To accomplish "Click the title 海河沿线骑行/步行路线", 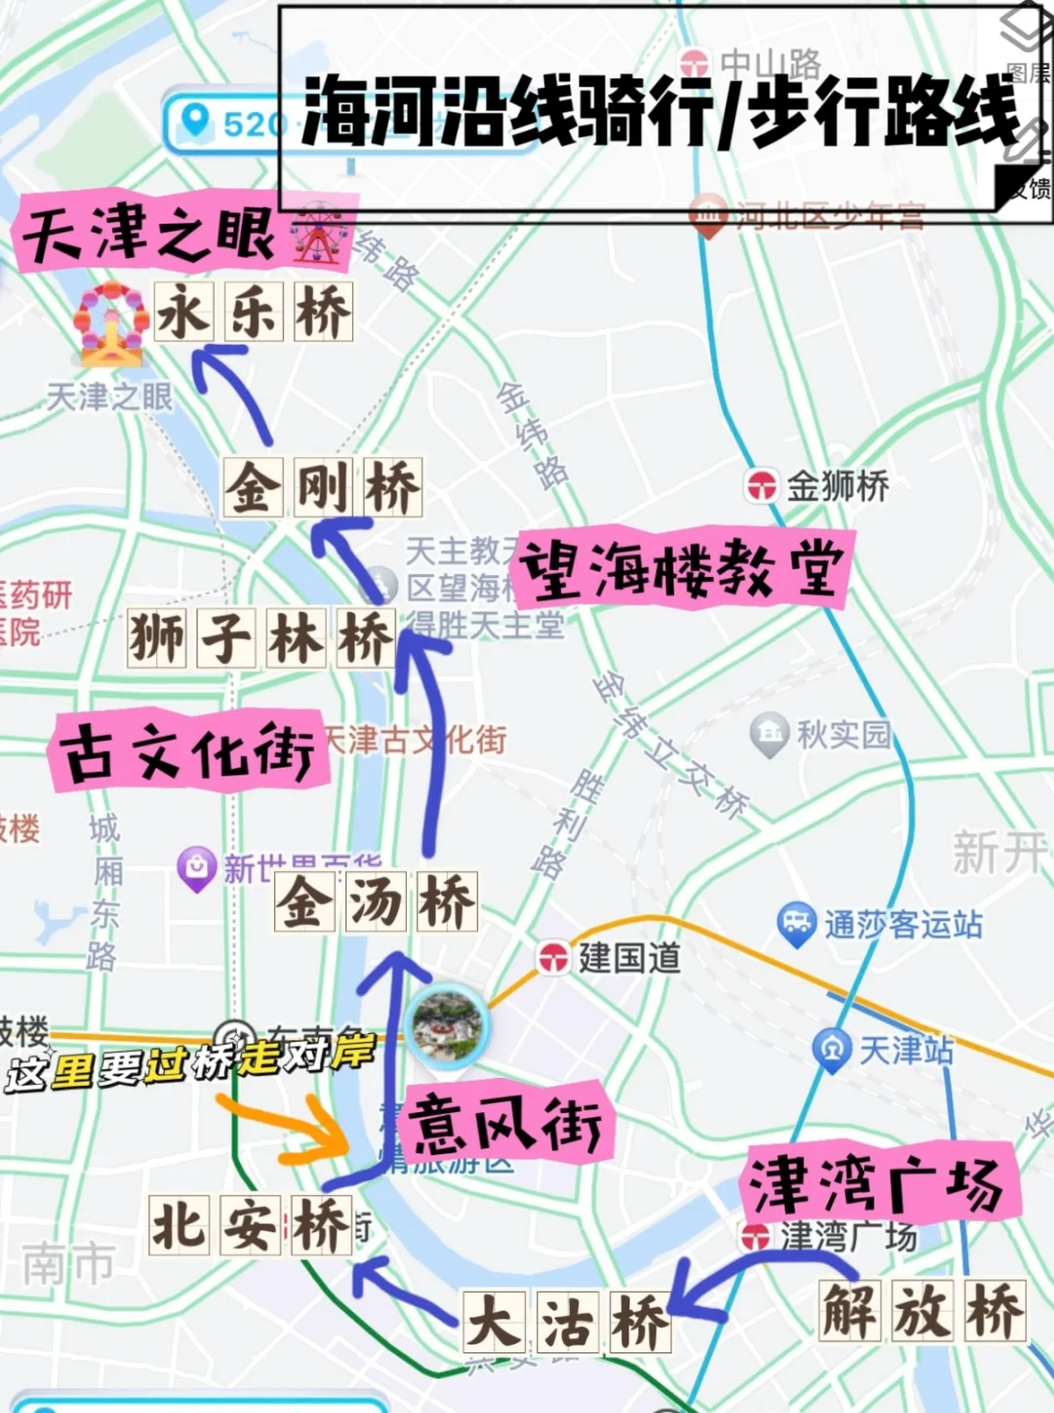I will click(x=660, y=109).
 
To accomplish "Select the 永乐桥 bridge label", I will click(x=254, y=312).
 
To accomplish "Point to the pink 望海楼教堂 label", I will click(x=681, y=569).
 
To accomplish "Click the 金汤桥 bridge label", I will click(x=376, y=900).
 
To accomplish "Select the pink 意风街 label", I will click(x=506, y=1122).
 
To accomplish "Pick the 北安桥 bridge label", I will click(x=250, y=1225).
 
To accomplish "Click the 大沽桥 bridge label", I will click(x=567, y=1322).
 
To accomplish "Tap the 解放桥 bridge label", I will click(x=922, y=1310).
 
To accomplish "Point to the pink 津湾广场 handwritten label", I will click(x=876, y=1184).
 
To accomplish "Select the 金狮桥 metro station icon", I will click(x=762, y=485).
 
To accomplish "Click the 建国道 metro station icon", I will click(x=553, y=958).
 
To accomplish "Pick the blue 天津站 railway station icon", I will click(x=831, y=1050).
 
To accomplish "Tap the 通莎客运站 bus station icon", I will click(x=796, y=923).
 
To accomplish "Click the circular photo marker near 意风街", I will click(x=447, y=1025).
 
